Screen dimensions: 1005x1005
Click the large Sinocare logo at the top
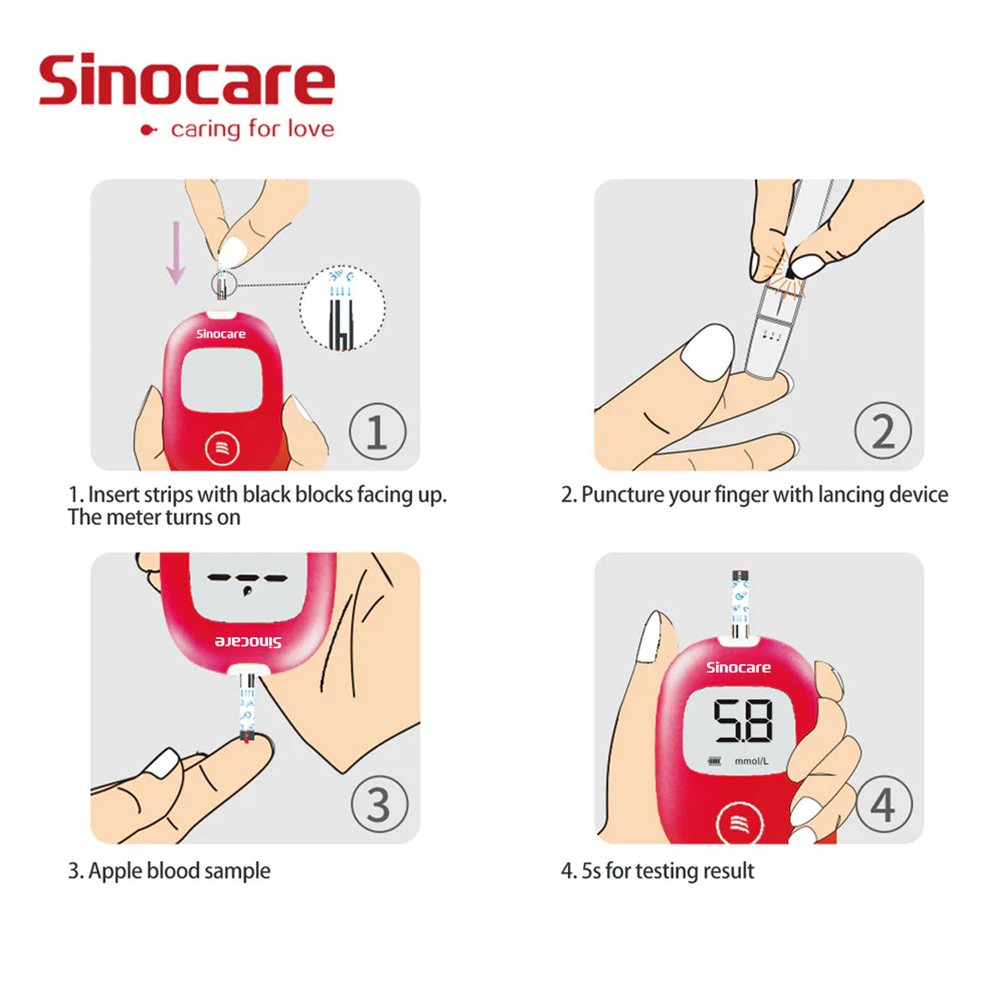pos(186,80)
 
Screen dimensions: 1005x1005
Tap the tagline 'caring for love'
pos(251,129)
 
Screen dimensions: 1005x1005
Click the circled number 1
pos(377,432)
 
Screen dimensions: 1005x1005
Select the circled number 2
pos(883,431)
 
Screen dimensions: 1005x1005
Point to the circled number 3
pos(379,806)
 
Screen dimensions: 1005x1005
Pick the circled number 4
pos(883,805)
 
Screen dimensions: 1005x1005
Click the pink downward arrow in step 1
pos(176,252)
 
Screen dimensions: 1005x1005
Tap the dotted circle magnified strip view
pos(343,307)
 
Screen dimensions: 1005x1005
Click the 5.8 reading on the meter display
pos(742,721)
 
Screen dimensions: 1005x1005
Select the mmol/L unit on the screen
pos(751,761)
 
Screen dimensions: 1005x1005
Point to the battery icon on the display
pos(714,761)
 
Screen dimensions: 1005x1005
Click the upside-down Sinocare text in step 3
pos(248,642)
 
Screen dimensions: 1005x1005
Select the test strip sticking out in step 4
pos(740,604)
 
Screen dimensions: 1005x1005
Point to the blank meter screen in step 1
pos(222,379)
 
